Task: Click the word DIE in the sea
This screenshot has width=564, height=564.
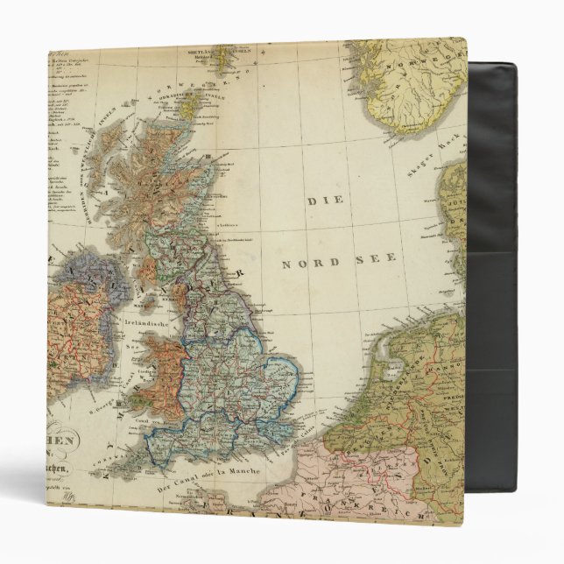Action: click(x=322, y=201)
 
